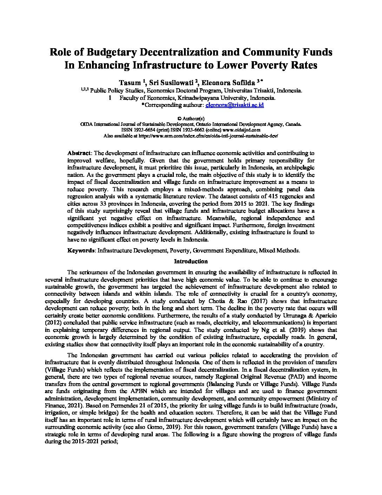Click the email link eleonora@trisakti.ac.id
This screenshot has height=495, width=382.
[x=235, y=105]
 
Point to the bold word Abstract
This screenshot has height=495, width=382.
[x=79, y=153]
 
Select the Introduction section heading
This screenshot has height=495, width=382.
[x=191, y=261]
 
